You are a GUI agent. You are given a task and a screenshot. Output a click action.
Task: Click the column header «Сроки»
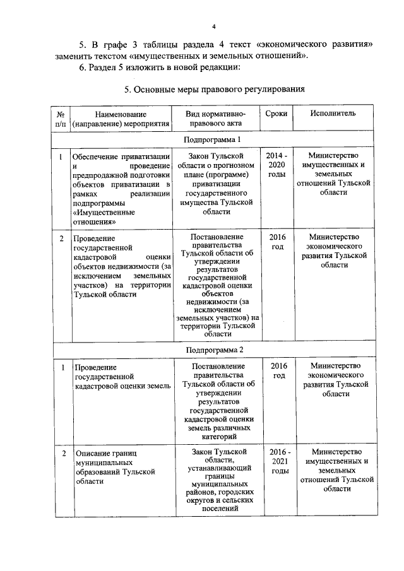(x=276, y=113)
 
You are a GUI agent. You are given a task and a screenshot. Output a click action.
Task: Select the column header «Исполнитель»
(x=333, y=113)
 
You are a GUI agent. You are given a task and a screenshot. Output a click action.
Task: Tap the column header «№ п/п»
(x=61, y=119)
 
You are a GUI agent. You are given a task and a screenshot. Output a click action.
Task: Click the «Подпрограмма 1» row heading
(x=213, y=139)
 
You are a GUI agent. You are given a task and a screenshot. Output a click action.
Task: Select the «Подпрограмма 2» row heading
(x=213, y=349)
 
